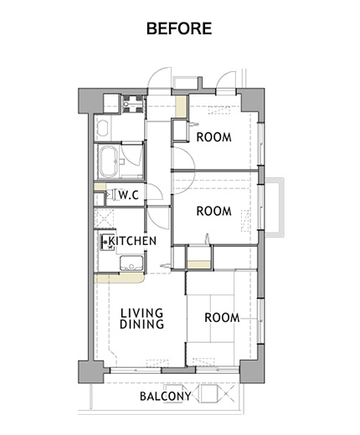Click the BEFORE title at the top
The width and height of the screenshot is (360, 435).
tap(179, 28)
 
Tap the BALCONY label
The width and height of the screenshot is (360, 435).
tap(166, 397)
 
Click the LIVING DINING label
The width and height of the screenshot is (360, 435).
tap(141, 319)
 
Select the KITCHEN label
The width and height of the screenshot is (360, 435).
tap(132, 241)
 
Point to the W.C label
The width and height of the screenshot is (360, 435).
tap(129, 195)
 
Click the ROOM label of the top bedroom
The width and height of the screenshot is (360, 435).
tap(214, 137)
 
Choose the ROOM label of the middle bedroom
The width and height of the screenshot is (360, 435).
tap(214, 211)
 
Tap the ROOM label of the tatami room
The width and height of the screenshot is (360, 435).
tap(222, 318)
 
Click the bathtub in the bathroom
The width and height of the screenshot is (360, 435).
tap(109, 161)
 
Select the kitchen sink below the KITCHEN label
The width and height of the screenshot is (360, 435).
tap(131, 263)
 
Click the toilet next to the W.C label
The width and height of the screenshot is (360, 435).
tap(111, 194)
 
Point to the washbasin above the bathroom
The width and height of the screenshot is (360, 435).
tap(102, 128)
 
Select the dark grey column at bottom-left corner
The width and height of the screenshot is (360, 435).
tap(91, 371)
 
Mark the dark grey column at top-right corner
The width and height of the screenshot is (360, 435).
tap(253, 103)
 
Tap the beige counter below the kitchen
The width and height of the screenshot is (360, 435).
tap(120, 279)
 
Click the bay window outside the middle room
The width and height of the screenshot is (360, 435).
tap(275, 207)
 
